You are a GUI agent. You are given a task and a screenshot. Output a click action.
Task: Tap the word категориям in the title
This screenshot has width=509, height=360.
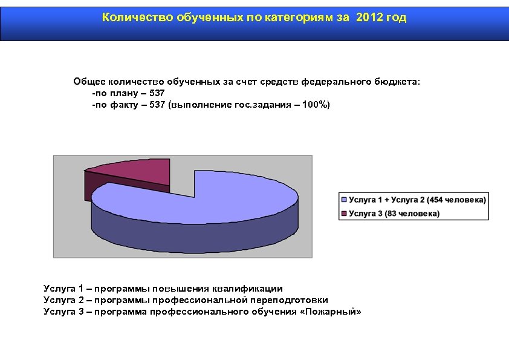coord(297,18)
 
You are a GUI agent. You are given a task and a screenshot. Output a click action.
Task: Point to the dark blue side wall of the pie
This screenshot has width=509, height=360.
coord(193,233)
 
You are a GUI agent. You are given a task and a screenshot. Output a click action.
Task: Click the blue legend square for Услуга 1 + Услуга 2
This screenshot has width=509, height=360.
coord(345,200)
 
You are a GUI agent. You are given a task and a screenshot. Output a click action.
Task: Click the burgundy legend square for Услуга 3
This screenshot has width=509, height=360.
coord(345,214)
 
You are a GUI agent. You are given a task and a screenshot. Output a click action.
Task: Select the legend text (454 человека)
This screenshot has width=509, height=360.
coord(456,200)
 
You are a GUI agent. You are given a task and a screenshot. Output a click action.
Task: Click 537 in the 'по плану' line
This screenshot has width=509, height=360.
coord(157,94)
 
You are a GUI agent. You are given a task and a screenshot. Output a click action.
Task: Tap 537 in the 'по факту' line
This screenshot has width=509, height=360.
coord(158,105)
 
